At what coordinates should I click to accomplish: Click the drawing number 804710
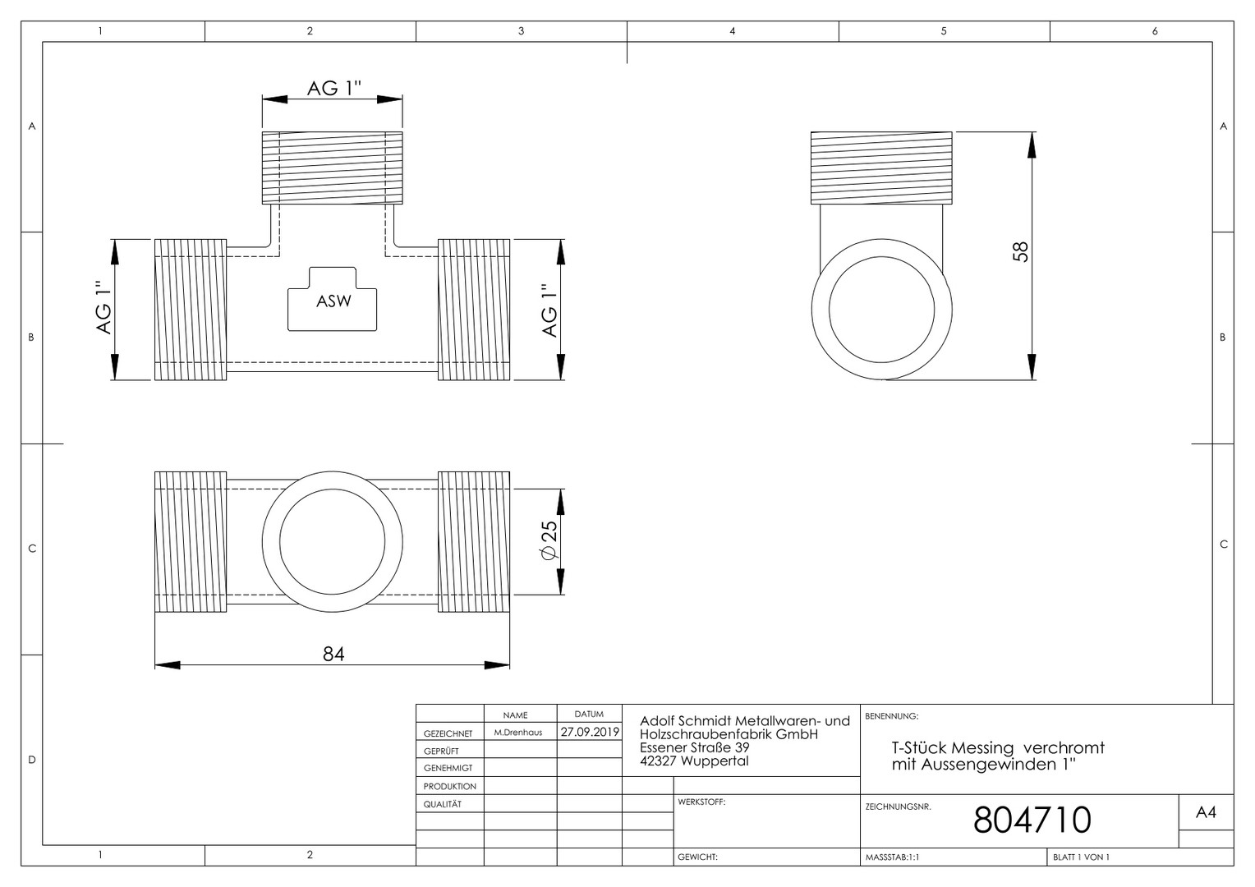pyautogui.click(x=1032, y=820)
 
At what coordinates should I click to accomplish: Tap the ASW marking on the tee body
pyautogui.click(x=333, y=301)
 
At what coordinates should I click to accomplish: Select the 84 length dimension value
pyautogui.click(x=333, y=654)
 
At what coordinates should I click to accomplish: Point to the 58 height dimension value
pyautogui.click(x=1021, y=251)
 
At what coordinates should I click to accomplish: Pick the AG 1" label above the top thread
pyautogui.click(x=334, y=88)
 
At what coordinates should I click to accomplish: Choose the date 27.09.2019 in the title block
pyautogui.click(x=590, y=732)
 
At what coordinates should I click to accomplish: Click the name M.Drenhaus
pyautogui.click(x=518, y=733)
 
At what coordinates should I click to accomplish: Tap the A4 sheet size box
pyautogui.click(x=1206, y=812)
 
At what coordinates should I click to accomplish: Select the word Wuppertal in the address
pyautogui.click(x=715, y=761)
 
